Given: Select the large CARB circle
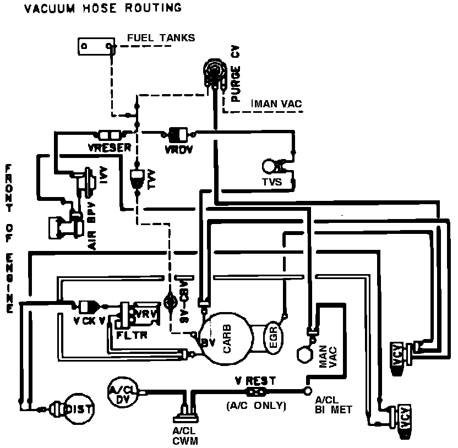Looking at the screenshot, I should point(226,340).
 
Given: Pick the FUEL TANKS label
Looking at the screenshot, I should point(161,38).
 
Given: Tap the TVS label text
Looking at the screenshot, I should point(272,182).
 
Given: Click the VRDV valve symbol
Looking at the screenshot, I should point(178,133).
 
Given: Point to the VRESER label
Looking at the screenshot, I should point(108,147).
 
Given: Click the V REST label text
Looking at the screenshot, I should point(255,380).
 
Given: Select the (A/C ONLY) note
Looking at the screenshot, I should point(257,406).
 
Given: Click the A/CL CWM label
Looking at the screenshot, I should point(184,437).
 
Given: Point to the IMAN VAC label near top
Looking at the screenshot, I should point(276,103).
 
